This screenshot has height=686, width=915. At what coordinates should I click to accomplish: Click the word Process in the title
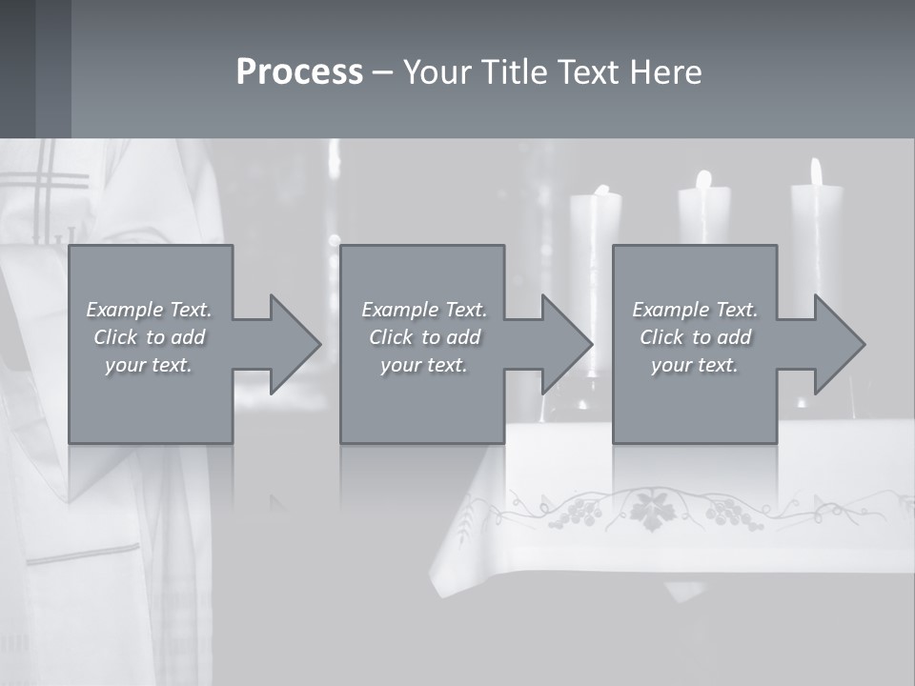coord(299,72)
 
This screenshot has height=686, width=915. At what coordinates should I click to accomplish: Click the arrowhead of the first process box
coord(295,344)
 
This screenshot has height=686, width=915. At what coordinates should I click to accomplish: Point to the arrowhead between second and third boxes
coord(567,344)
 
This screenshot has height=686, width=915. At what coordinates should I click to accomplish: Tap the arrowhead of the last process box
coord(840,344)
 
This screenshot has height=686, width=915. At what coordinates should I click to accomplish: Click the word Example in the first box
coord(124,310)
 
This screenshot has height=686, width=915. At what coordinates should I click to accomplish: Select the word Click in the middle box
coord(391,337)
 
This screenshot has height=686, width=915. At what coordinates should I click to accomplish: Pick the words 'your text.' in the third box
coord(694,365)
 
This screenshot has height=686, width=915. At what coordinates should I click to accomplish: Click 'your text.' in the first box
coord(149,365)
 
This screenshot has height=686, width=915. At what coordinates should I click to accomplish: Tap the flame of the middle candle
coord(703,179)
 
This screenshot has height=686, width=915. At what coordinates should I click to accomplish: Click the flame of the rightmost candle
coord(816,172)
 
